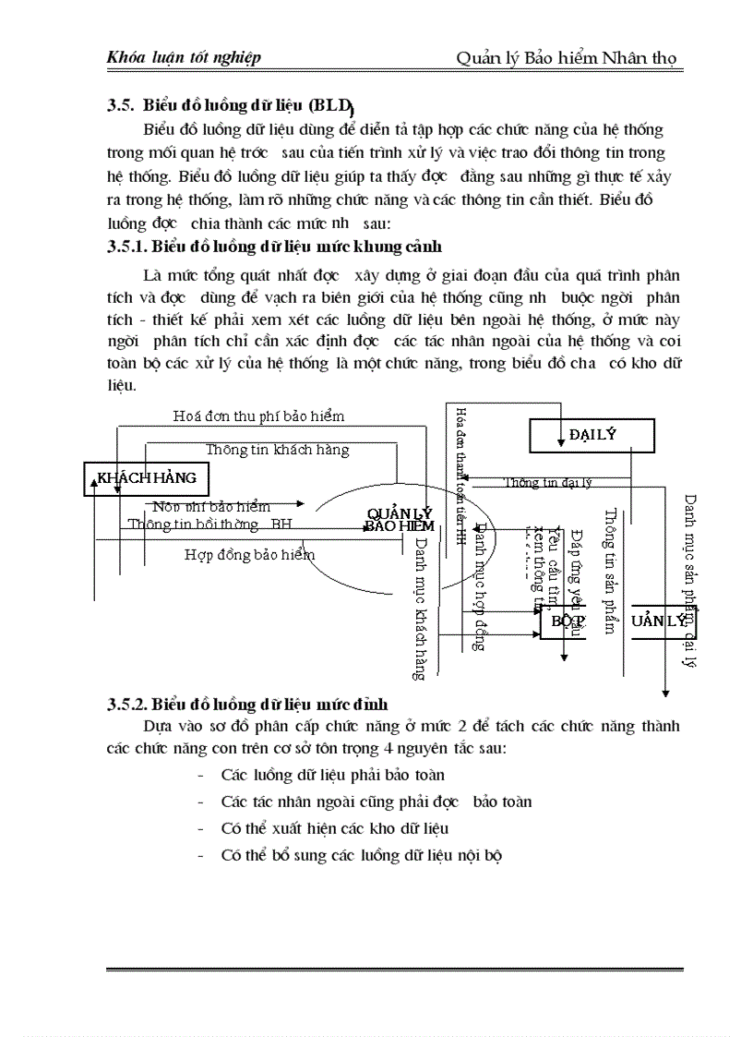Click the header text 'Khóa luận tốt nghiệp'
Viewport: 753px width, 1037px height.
pyautogui.click(x=184, y=57)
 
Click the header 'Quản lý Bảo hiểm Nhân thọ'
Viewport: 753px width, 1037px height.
pyautogui.click(x=567, y=58)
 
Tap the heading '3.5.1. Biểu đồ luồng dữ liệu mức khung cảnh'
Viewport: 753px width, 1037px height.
pyautogui.click(x=274, y=247)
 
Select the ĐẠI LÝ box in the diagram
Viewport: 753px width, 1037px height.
pyautogui.click(x=592, y=435)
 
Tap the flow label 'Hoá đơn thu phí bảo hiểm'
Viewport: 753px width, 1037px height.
pyautogui.click(x=258, y=416)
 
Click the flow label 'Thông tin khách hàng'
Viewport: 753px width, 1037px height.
pyautogui.click(x=277, y=450)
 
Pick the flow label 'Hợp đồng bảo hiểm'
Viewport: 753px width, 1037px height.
pyautogui.click(x=249, y=555)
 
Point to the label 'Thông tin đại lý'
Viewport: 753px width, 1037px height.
pyautogui.click(x=548, y=482)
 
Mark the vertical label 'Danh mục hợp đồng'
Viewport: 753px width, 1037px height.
pyautogui.click(x=480, y=587)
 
